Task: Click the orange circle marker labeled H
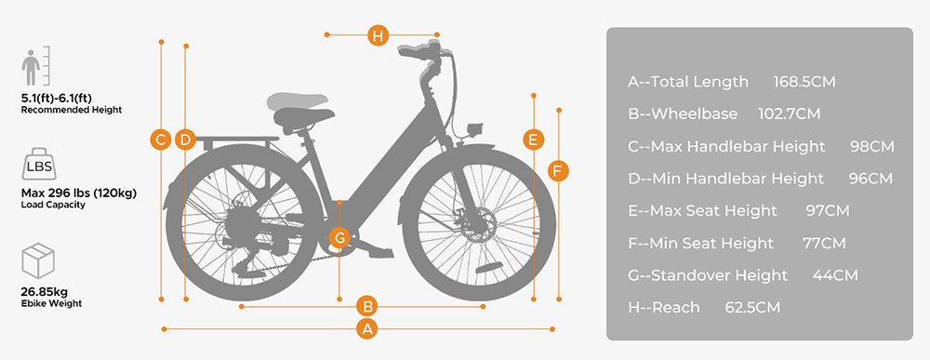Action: (377, 36)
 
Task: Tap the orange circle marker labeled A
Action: (367, 328)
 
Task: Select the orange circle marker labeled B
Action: (367, 305)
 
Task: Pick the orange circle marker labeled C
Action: (161, 140)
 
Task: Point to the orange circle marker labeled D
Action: (184, 140)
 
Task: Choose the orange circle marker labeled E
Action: (533, 140)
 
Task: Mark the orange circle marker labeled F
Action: (557, 170)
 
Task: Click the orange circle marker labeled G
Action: (340, 237)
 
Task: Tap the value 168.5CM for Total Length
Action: (804, 82)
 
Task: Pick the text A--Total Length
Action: (688, 82)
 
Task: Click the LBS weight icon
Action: (39, 166)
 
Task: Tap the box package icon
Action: (39, 260)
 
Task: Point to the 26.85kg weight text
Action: (45, 290)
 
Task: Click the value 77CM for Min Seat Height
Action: (824, 243)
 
